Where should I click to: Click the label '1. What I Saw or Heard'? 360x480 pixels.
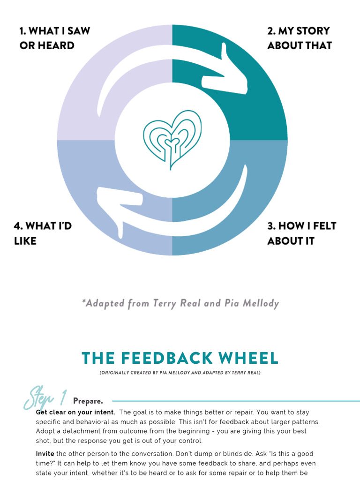tap(54, 38)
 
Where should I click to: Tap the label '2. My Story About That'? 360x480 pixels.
tap(299, 38)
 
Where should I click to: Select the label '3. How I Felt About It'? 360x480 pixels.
tap(301, 233)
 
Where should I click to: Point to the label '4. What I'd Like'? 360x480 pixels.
tap(43, 233)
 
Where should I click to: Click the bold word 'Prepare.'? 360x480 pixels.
tap(88, 401)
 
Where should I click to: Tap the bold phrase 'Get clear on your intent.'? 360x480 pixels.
tap(75, 412)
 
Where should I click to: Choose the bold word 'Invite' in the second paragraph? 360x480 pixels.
tap(45, 454)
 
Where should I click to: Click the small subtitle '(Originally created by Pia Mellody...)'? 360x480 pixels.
tap(180, 373)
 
